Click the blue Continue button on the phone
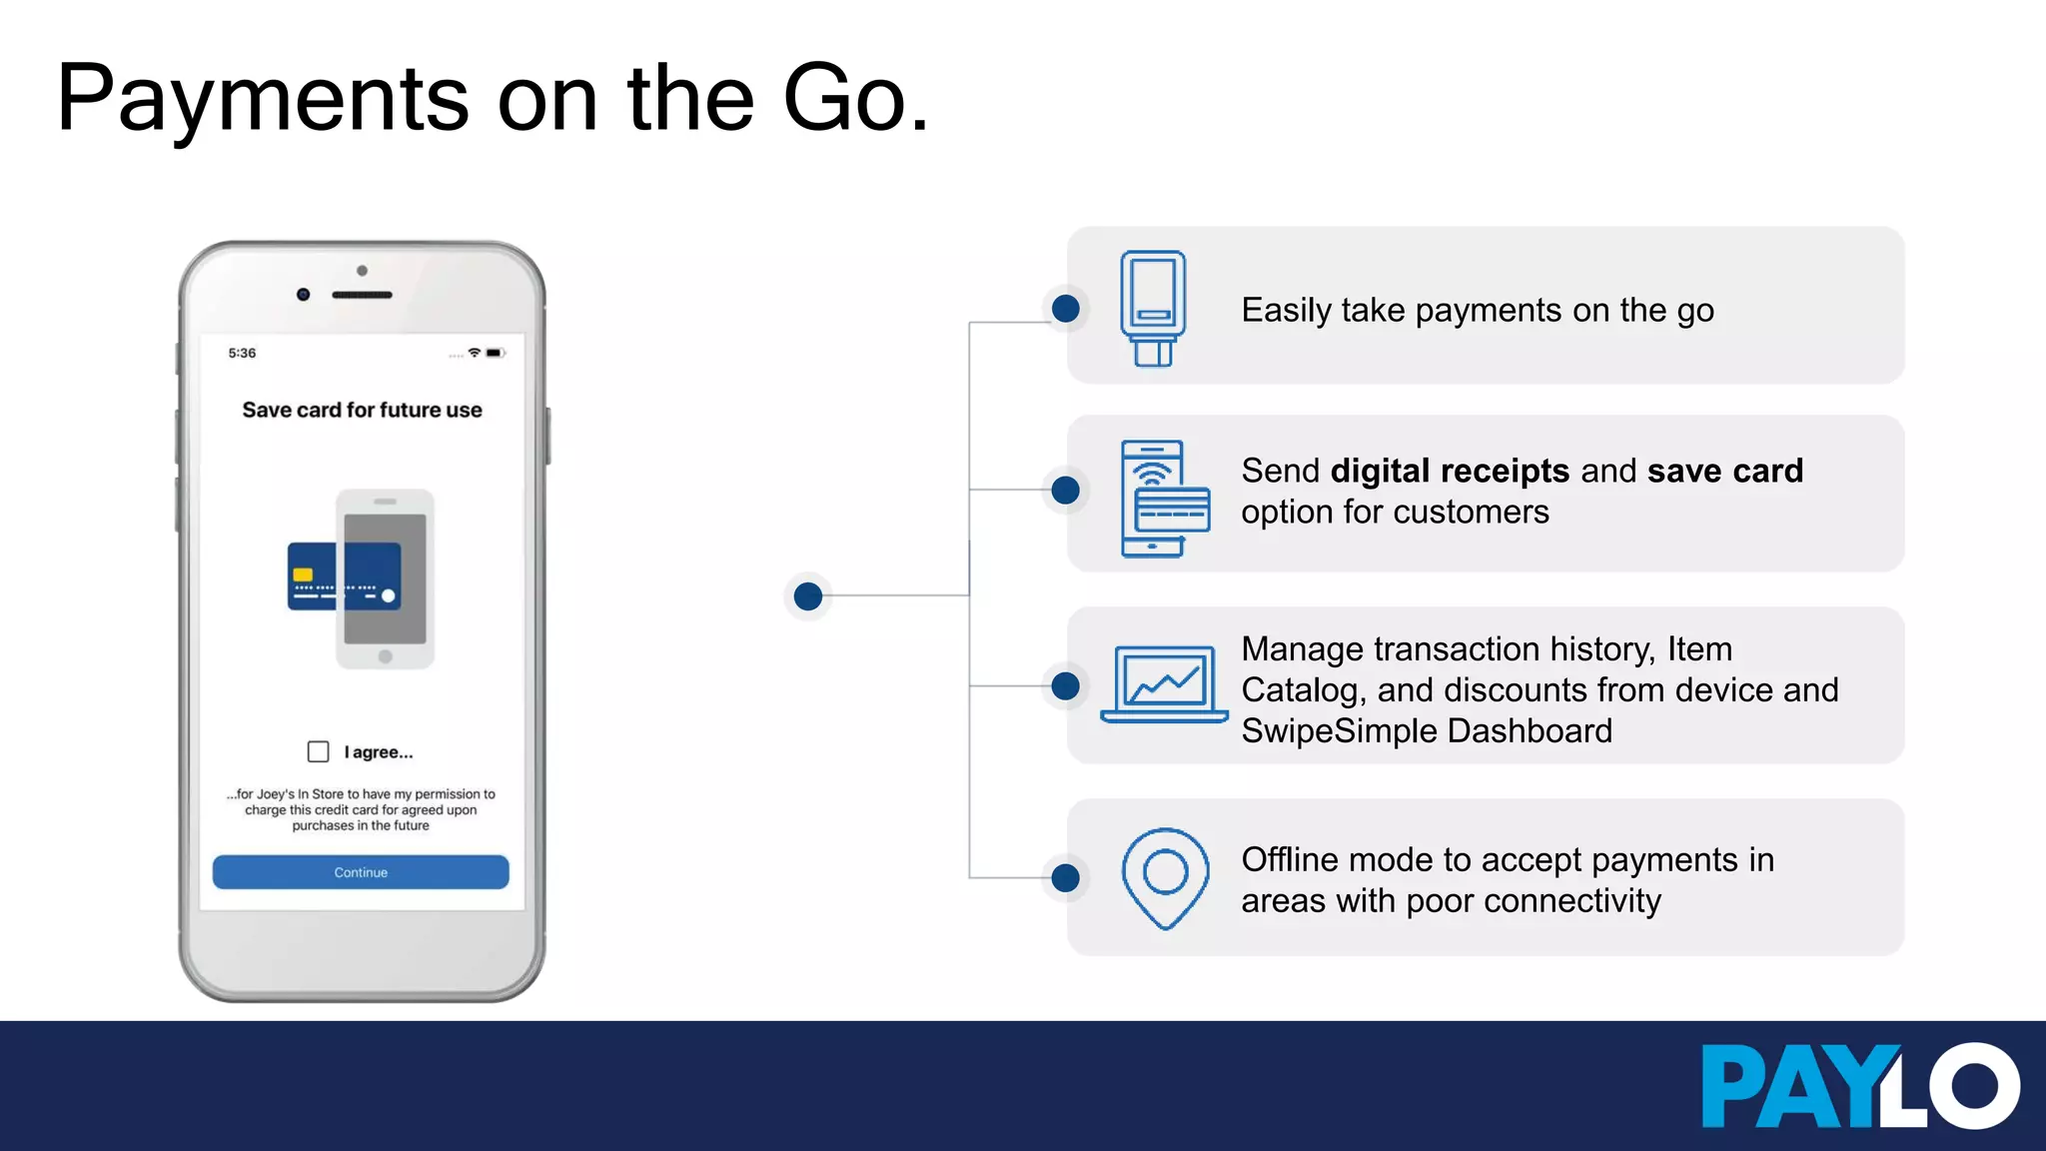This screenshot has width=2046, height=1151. click(x=361, y=872)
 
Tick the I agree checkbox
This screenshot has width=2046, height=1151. click(x=319, y=751)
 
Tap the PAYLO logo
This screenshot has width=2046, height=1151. click(x=1859, y=1086)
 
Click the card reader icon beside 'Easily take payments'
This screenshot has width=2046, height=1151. click(x=1153, y=308)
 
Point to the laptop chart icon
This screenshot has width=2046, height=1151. click(x=1164, y=684)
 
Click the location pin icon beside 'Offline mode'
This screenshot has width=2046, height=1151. click(x=1165, y=877)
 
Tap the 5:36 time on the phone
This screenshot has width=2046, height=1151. click(x=242, y=353)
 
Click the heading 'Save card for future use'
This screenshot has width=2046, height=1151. click(x=362, y=410)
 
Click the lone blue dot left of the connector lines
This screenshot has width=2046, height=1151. click(x=808, y=596)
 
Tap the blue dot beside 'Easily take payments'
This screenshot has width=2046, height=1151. click(x=1066, y=309)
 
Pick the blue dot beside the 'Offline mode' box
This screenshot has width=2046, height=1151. click(x=1066, y=878)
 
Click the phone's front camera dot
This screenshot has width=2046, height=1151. click(x=304, y=295)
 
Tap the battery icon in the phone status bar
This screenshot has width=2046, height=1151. click(x=495, y=353)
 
